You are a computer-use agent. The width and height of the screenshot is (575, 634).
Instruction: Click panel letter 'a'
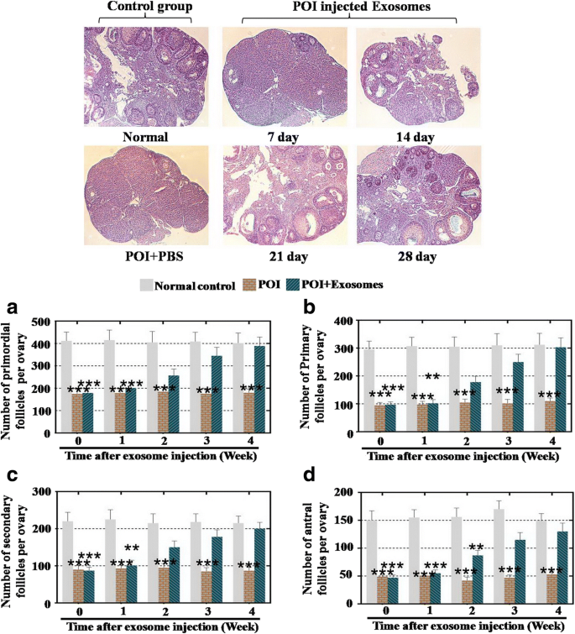point(11,307)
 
